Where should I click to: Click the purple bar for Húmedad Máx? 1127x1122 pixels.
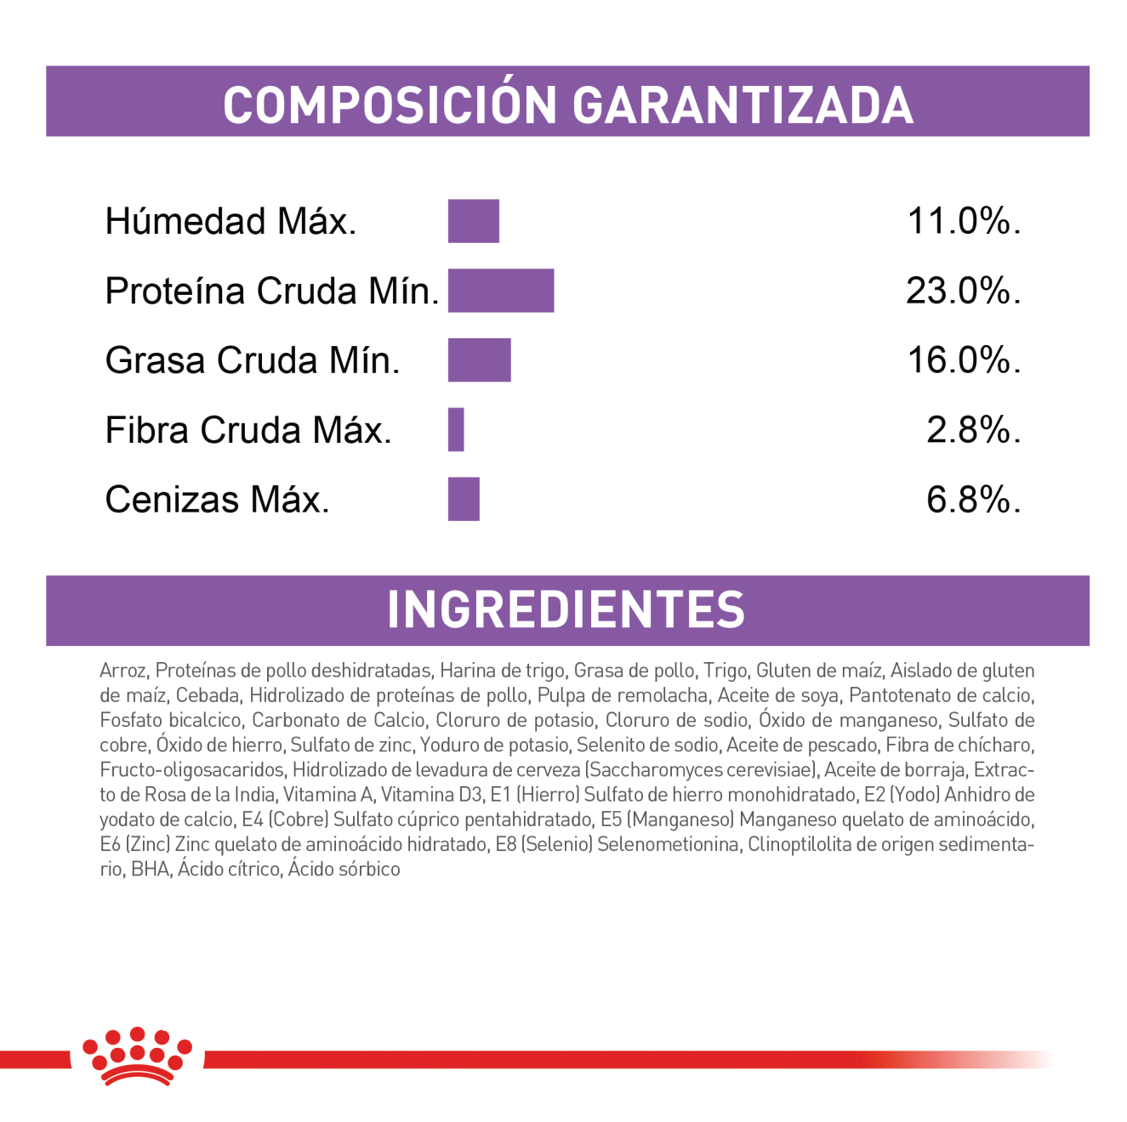[x=473, y=221]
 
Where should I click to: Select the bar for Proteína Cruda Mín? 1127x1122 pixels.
[x=500, y=291]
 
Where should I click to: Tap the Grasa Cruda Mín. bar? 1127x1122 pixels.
[x=479, y=360]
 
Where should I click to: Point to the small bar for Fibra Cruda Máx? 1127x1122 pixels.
[x=456, y=430]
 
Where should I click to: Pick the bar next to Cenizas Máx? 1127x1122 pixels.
[x=464, y=499]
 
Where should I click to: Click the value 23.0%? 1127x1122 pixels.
[x=962, y=291]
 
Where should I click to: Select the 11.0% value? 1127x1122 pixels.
[x=963, y=221]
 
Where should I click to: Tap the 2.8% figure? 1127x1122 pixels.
[x=972, y=430]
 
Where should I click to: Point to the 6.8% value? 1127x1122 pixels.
[x=972, y=499]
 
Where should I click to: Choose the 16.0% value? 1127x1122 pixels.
[x=963, y=360]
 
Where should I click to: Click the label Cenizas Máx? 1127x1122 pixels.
[x=217, y=499]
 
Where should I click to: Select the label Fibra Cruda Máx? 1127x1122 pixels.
[x=248, y=430]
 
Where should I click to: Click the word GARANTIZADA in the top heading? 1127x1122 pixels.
[x=743, y=105]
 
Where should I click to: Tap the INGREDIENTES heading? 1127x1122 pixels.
[x=566, y=609]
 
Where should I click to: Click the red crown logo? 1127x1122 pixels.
[x=137, y=1056]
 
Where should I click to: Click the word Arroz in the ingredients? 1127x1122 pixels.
[x=122, y=671]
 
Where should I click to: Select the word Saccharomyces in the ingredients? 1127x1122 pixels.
[x=647, y=770]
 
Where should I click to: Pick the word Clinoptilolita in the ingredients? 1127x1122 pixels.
[x=800, y=844]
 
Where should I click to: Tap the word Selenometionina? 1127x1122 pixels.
[x=668, y=844]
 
